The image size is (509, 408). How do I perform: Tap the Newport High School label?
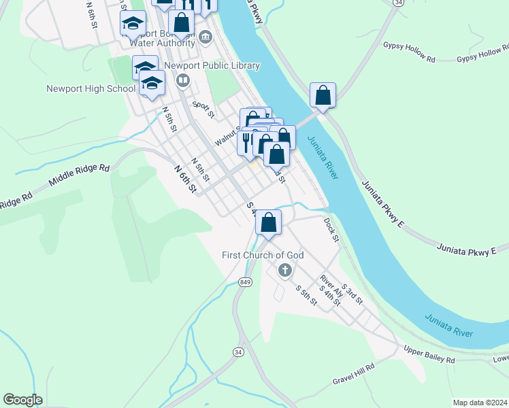coord(91,88)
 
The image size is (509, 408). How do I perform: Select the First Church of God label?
coord(263,255)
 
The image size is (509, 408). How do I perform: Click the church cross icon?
coord(284,271)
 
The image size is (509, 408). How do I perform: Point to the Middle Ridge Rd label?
coord(79,175)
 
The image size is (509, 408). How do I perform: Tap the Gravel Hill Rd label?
coord(353,374)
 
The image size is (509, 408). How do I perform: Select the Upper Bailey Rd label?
coord(429,355)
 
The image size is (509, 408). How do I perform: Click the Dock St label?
coord(331,229)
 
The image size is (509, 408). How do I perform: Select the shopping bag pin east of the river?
coord(323,95)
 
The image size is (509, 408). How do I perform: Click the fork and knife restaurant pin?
coord(246,142)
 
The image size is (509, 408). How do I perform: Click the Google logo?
coord(22,400)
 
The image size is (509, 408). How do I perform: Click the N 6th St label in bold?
coord(184,178)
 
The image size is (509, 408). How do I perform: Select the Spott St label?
coord(203,109)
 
